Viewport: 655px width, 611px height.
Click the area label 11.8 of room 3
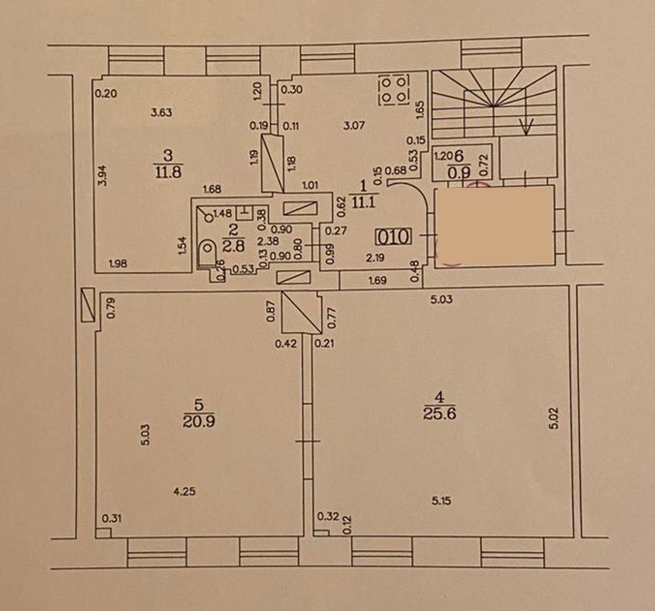[x=168, y=172]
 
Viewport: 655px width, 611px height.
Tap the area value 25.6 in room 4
[x=440, y=413]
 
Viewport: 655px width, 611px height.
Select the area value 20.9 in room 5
[x=199, y=421]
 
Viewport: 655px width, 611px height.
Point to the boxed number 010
[x=393, y=237]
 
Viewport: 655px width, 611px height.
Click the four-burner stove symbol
[x=394, y=90]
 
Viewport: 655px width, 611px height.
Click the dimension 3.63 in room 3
[x=162, y=113]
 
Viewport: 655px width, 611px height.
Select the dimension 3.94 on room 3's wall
[x=103, y=175]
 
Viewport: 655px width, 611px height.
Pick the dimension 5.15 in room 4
[x=441, y=501]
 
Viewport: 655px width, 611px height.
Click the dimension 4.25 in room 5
[x=185, y=491]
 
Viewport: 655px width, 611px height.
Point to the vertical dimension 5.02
[x=554, y=418]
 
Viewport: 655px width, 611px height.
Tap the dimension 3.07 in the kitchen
[x=354, y=125]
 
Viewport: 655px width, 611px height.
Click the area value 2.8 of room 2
[x=234, y=246]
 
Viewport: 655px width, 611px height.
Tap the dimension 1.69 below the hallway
[x=377, y=281]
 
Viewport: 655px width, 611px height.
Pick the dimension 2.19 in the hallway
[x=375, y=258]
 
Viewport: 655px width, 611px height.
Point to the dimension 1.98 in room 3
[x=118, y=263]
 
